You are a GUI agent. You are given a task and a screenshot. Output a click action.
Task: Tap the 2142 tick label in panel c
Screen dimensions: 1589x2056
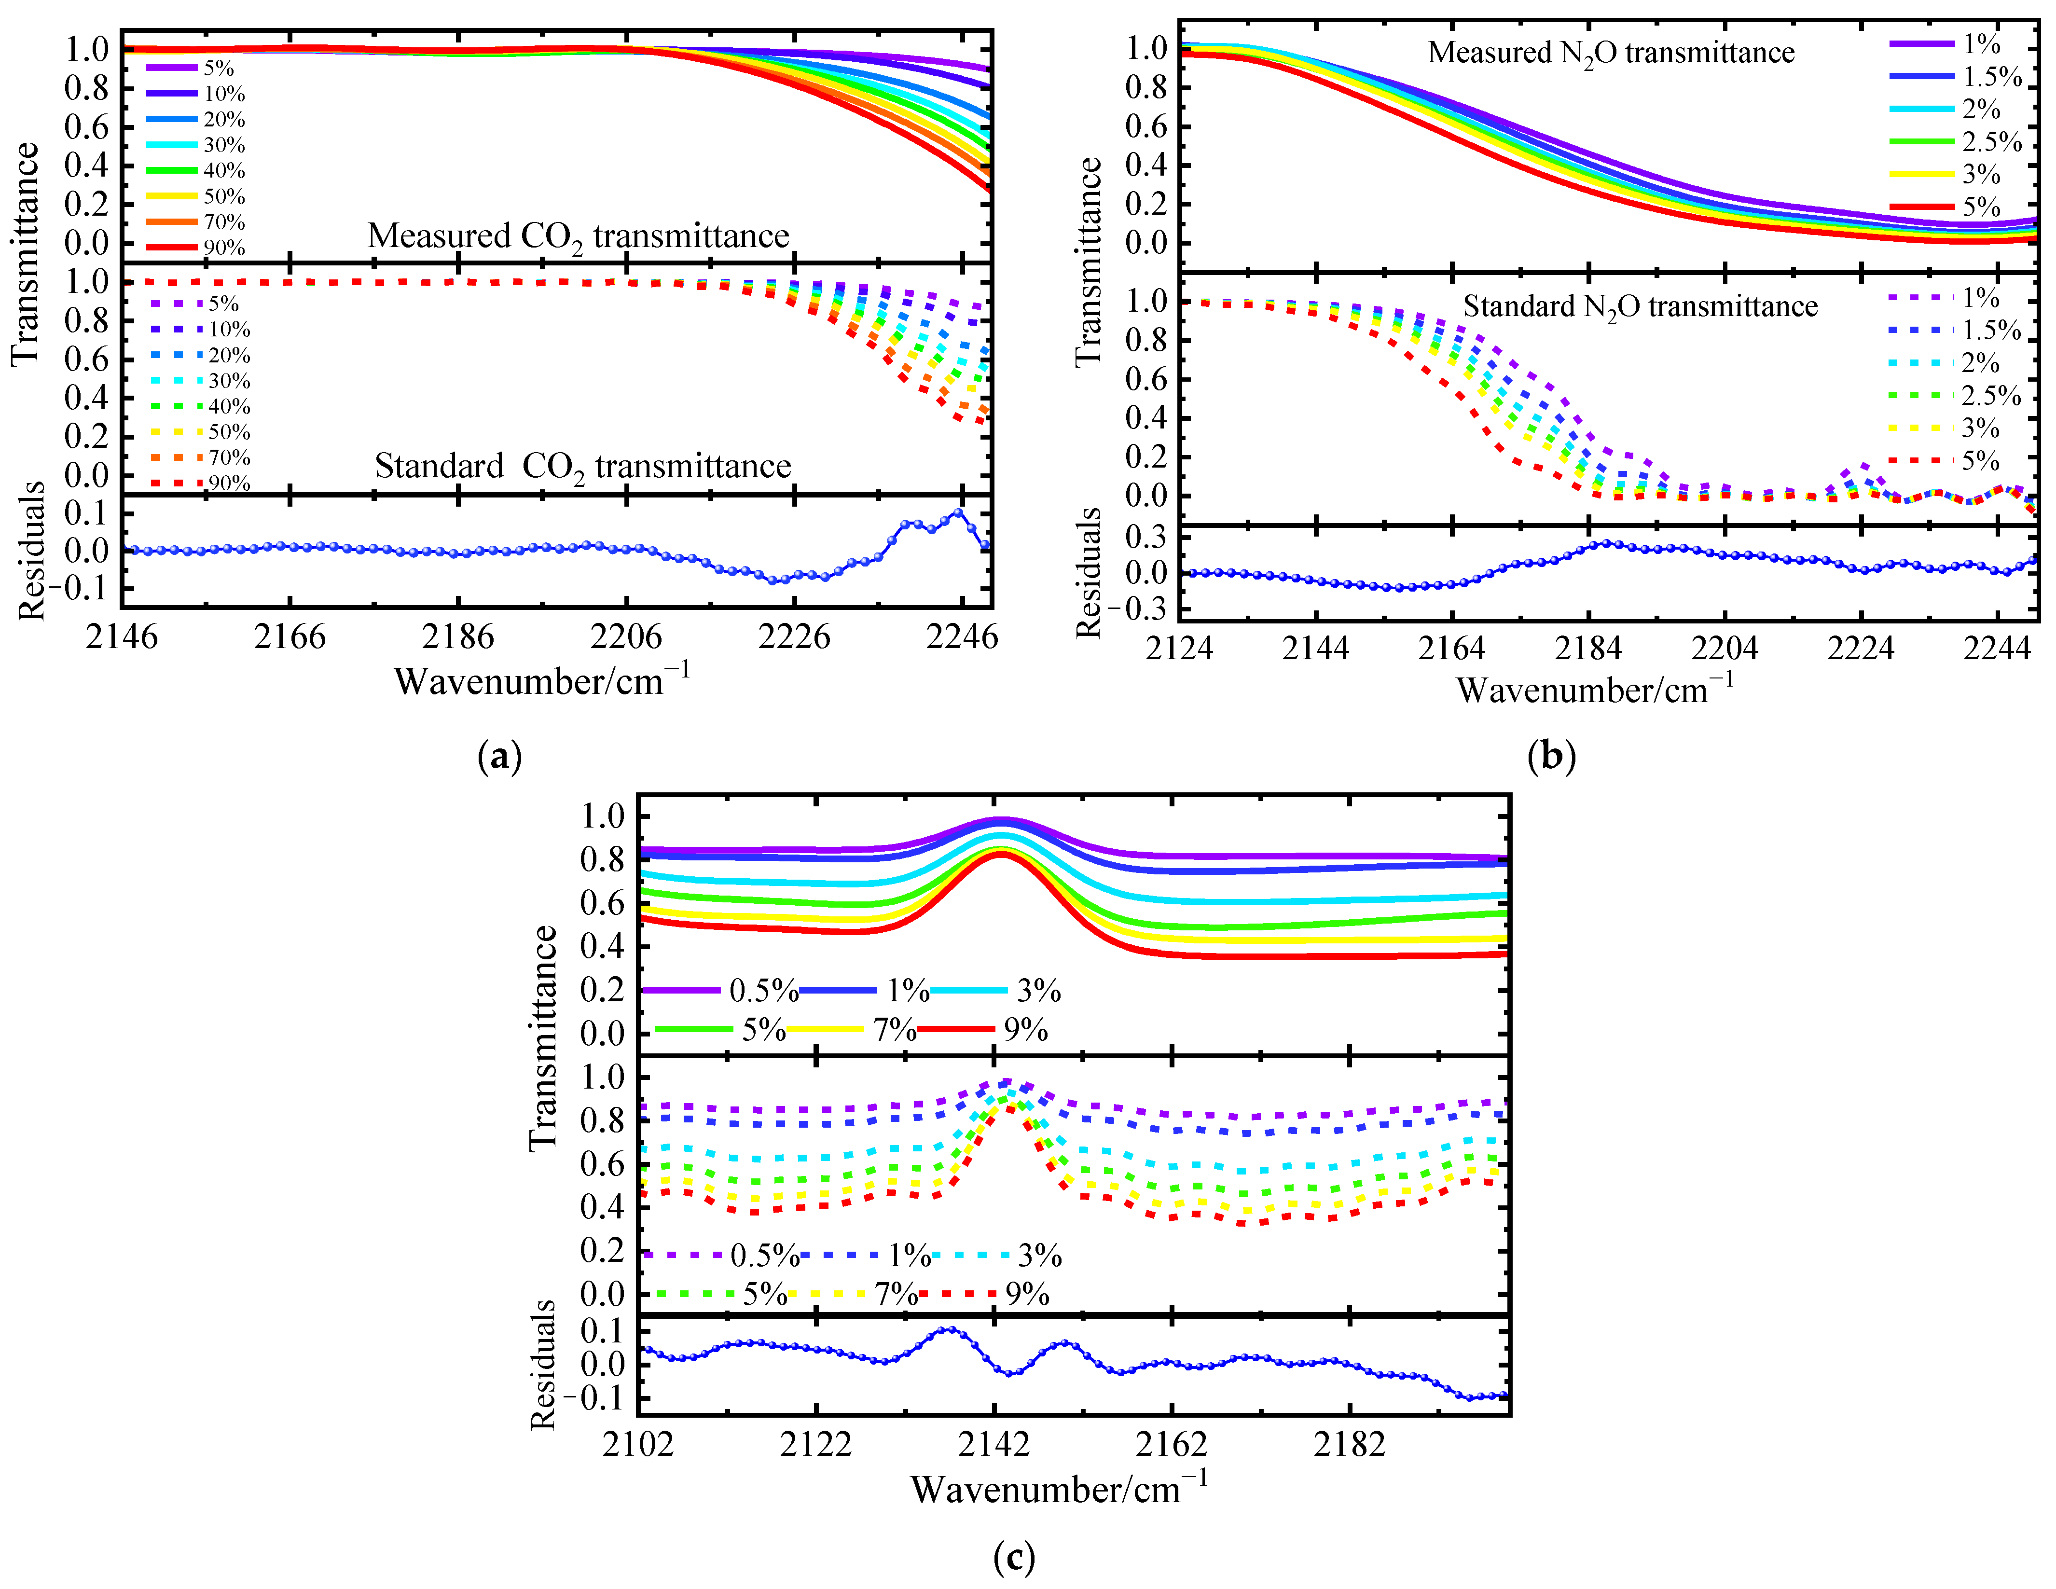coord(993,1443)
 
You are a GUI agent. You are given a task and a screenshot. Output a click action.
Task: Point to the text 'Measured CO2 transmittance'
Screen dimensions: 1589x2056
coord(578,235)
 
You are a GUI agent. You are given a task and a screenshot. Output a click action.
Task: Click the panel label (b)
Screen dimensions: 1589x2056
coord(1551,757)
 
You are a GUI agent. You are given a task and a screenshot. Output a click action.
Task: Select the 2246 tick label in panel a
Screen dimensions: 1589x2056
coord(961,637)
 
